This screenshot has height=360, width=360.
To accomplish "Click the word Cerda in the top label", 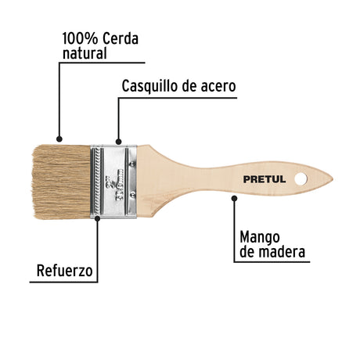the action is (x=120, y=38).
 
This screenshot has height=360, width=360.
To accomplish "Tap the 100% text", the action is (x=80, y=38).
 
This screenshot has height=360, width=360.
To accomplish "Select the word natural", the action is (x=85, y=53).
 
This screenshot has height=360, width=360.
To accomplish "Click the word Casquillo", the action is (x=150, y=86).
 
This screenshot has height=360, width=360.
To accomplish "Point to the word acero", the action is (x=218, y=86).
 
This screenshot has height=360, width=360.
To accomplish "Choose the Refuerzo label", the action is (x=64, y=271).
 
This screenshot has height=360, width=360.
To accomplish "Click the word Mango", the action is (x=260, y=238).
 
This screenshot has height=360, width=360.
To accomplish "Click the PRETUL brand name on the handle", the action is (x=265, y=179).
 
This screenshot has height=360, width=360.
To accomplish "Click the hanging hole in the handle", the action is (x=301, y=179).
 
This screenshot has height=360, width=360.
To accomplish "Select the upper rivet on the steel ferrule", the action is (x=132, y=164).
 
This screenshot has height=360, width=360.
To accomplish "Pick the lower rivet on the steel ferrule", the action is (x=132, y=194).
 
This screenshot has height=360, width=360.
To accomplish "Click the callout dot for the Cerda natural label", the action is (x=59, y=139).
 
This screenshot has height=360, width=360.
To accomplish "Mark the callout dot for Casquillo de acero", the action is (x=118, y=142).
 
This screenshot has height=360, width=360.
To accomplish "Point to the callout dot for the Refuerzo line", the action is (x=98, y=218).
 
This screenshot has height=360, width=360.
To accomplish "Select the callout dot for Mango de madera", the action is (x=234, y=199).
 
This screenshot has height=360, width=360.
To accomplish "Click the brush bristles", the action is (x=62, y=182).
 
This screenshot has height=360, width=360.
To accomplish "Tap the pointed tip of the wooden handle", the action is (x=333, y=179).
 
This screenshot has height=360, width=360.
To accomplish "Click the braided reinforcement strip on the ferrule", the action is (x=98, y=182).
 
